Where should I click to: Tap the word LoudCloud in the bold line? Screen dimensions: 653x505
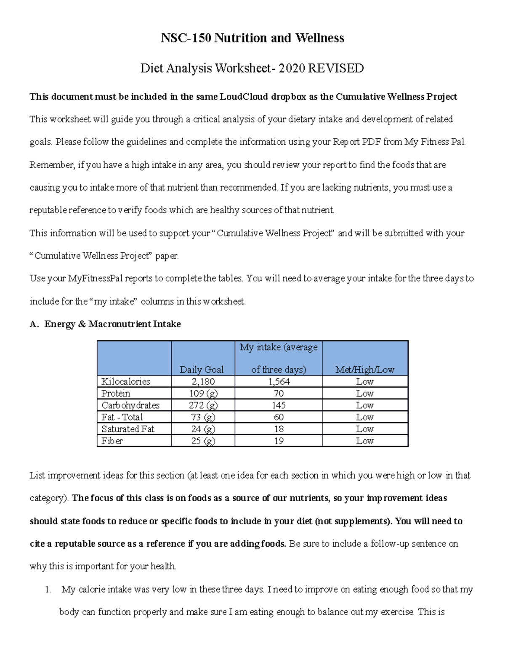click(244, 97)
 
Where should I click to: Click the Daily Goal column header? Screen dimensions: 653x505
click(202, 370)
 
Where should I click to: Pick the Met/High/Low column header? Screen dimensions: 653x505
click(364, 370)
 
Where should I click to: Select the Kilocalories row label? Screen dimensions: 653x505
click(125, 381)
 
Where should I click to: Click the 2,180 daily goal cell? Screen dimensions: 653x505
click(203, 381)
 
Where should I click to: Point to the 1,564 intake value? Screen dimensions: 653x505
click(279, 381)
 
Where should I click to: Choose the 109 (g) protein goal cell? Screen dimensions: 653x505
click(203, 393)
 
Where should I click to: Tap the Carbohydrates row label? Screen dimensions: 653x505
click(130, 405)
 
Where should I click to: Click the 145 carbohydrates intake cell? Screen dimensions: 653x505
click(279, 405)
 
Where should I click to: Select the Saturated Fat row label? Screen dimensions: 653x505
click(128, 429)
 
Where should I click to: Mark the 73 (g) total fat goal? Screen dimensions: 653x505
click(203, 417)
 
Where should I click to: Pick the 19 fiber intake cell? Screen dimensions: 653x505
click(279, 441)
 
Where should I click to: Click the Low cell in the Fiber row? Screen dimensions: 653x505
click(364, 441)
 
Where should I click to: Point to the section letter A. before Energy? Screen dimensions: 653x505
click(34, 324)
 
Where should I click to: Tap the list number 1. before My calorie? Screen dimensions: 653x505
click(48, 590)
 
